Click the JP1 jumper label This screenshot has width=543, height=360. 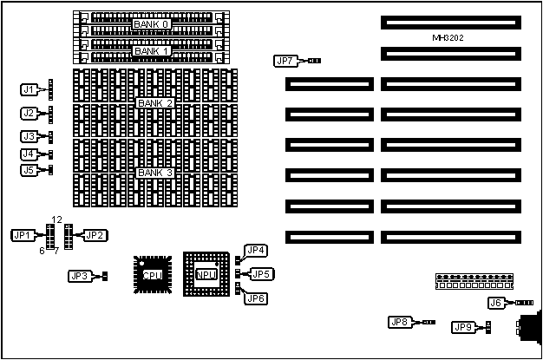[x=23, y=235]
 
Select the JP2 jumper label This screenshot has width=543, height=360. [x=95, y=235]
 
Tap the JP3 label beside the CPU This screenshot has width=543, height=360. [x=79, y=277]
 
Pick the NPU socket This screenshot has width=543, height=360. [x=206, y=275]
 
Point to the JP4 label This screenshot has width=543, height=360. [x=256, y=251]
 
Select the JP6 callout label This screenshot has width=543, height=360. [x=256, y=299]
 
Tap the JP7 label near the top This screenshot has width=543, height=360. [x=285, y=61]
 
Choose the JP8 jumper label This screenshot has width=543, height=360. [x=398, y=323]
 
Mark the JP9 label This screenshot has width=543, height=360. [x=463, y=327]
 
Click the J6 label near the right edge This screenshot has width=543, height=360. [x=496, y=303]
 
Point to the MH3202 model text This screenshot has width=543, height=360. [x=450, y=39]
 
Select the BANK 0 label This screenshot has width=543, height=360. [x=151, y=24]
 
